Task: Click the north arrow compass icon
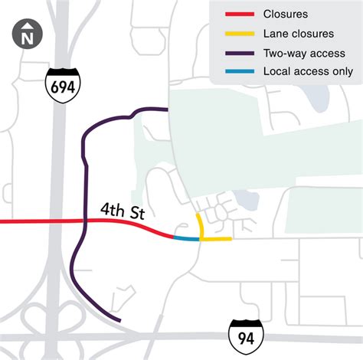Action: point(28,35)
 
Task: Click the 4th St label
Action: point(122,211)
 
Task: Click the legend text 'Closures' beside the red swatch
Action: point(285,15)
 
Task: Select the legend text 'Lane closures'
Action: point(298,34)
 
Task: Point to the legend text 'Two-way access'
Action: point(303,53)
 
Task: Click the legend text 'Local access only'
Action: point(307,72)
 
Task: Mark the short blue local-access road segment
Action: point(186,239)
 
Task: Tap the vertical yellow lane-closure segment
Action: point(198,227)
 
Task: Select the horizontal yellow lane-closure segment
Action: point(216,239)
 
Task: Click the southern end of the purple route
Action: point(119,319)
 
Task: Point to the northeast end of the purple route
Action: point(167,110)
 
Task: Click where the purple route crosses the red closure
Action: point(82,221)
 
